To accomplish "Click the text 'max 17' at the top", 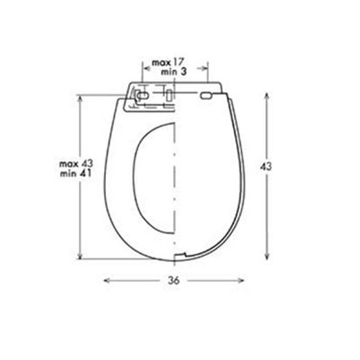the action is point(168,62).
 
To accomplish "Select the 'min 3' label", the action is point(173,72).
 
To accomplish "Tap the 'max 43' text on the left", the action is point(76,164).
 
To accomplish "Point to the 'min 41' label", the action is point(76,173).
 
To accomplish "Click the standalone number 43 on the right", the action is point(266,166).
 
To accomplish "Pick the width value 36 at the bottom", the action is point(173,280).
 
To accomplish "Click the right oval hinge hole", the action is point(206,95).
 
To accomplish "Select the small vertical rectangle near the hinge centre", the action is point(169,95).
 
